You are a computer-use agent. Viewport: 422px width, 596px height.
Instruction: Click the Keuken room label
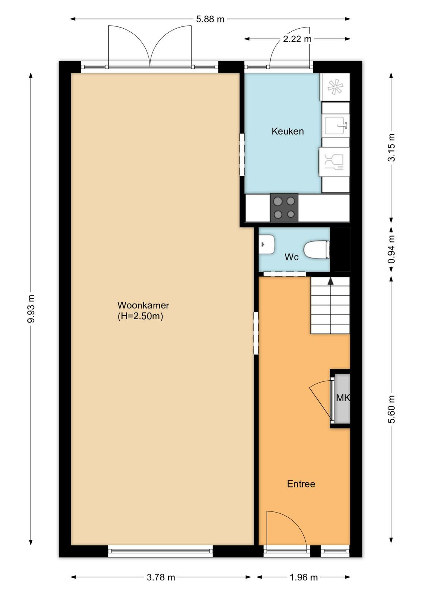coord(287,131)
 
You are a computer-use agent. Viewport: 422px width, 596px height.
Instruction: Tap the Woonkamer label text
coord(143,305)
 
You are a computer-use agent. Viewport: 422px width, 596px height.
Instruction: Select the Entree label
coord(301,484)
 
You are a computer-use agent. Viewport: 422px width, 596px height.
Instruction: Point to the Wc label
coord(292,257)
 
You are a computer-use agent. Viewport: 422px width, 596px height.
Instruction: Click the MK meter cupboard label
coord(343,398)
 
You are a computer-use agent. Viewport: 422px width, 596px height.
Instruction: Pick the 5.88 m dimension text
coord(210,19)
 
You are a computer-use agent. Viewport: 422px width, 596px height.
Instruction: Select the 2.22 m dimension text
coord(297,39)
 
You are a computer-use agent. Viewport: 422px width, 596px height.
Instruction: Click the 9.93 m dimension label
coord(31,309)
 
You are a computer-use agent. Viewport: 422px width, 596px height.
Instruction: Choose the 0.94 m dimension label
coord(391,249)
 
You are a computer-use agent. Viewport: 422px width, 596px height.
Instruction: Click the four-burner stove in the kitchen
coord(284,207)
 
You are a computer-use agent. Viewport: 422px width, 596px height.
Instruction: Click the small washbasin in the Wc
coord(267,244)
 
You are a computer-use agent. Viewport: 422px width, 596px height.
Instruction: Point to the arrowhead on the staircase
coord(330,281)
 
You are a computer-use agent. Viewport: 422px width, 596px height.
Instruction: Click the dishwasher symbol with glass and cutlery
coord(334,162)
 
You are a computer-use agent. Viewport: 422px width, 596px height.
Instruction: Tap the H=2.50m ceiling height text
coord(140,316)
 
